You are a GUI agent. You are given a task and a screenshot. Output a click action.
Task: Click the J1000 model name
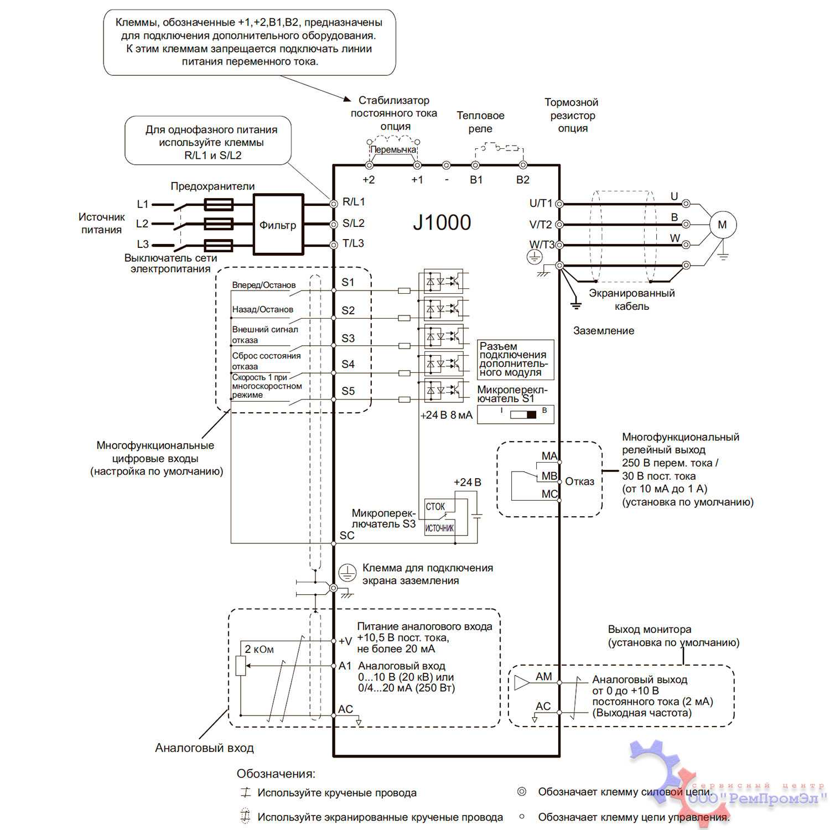point(442,222)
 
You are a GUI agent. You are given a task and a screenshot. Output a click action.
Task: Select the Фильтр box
point(278,225)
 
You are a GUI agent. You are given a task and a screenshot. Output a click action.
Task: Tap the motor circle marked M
point(722,225)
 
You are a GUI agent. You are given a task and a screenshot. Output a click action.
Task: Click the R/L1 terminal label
point(354,202)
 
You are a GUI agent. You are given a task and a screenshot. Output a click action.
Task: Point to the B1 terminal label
point(476,180)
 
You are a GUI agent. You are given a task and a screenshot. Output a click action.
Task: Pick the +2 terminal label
point(369,180)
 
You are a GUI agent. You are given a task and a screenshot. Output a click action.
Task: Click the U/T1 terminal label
point(541,203)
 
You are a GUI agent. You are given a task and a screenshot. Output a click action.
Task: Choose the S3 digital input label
point(348,338)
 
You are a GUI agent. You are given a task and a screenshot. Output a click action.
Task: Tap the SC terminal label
point(347,535)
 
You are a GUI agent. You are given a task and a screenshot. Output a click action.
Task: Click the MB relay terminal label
point(549,476)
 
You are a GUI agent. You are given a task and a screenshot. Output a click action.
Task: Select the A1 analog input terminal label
point(345,666)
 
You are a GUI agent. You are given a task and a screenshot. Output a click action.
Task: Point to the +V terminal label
point(345,641)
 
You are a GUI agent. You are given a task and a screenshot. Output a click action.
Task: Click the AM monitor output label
point(543,676)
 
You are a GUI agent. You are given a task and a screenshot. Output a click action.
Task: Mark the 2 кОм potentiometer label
point(259,649)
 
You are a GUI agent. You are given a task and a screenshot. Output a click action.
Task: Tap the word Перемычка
point(393,150)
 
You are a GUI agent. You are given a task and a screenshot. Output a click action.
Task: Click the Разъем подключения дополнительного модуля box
point(515,359)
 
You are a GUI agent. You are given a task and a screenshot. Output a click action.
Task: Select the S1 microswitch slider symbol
point(523,414)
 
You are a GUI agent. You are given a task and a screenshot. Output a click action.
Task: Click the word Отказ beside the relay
point(579,481)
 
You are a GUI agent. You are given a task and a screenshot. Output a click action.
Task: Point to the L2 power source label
point(142,224)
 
